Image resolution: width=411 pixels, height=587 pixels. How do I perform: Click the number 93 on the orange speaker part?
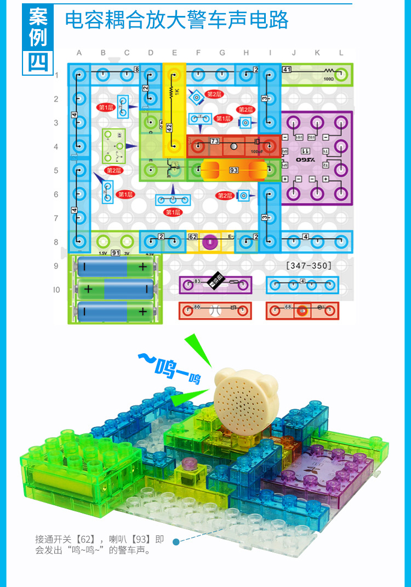pyautogui.click(x=234, y=171)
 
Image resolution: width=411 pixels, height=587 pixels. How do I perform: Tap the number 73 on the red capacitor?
pyautogui.click(x=215, y=142)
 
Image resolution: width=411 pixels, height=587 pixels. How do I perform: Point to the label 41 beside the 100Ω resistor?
pyautogui.click(x=287, y=70)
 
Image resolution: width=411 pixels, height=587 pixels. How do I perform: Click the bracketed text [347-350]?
pyautogui.click(x=309, y=266)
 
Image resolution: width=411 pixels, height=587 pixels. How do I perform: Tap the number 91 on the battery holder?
pyautogui.click(x=116, y=253)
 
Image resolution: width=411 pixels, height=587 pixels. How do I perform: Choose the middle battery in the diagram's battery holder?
pyautogui.click(x=115, y=289)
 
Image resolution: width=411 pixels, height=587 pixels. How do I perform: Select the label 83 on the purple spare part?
pyautogui.click(x=198, y=281)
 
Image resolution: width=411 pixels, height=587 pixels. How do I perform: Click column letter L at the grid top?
pyautogui.click(x=341, y=53)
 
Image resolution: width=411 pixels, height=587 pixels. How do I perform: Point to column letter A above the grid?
pyautogui.click(x=79, y=53)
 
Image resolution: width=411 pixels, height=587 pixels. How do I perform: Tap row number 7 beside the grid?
pyautogui.click(x=56, y=218)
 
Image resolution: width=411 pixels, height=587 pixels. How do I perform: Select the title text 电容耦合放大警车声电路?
pyautogui.click(x=176, y=20)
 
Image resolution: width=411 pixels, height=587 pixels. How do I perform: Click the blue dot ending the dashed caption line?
pyautogui.click(x=176, y=542)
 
